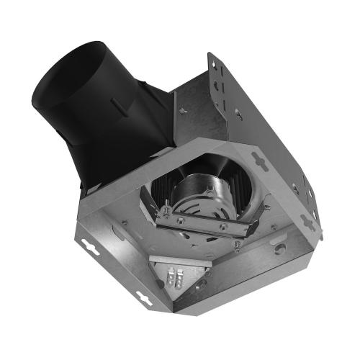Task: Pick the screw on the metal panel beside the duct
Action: [x=182, y=109]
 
